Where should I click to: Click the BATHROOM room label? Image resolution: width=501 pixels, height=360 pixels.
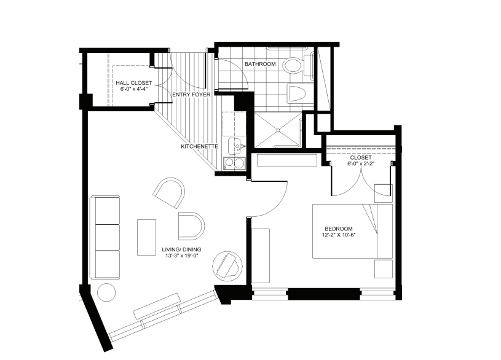tap(260, 64)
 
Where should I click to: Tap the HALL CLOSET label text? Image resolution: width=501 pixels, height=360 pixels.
tap(134, 83)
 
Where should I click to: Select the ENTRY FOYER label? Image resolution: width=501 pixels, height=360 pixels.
tap(191, 95)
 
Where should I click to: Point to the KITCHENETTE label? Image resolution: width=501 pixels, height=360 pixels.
tap(199, 146)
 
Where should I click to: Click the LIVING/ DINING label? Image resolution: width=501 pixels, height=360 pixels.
tap(181, 249)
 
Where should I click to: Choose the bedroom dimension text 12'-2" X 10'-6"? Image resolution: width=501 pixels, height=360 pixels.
tap(339, 235)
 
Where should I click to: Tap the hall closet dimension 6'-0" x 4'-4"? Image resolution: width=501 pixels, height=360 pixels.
tap(134, 89)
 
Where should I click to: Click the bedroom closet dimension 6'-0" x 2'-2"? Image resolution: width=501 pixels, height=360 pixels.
tap(361, 163)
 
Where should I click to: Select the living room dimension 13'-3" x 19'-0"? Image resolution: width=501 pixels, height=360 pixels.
tap(181, 255)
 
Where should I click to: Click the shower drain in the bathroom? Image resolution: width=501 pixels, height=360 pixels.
tap(278, 130)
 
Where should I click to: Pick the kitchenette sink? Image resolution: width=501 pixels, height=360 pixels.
tap(237, 146)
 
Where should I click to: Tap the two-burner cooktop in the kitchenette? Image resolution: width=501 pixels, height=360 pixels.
tap(234, 163)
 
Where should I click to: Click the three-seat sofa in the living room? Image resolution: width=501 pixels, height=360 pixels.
tap(105, 237)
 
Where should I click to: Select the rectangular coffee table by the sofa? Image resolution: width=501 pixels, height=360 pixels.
tap(147, 237)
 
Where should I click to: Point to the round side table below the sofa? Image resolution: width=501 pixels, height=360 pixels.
tap(106, 292)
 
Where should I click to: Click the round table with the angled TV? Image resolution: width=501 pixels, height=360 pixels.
tap(228, 266)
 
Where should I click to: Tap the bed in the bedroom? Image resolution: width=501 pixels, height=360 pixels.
tap(352, 231)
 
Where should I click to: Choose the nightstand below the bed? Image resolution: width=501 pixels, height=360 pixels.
tap(384, 269)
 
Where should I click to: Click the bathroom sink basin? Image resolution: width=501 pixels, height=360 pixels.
tap(296, 93)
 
